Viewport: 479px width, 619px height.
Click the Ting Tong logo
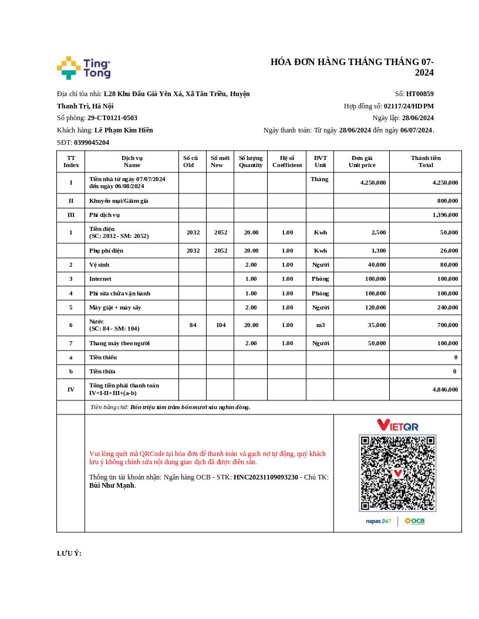click(x=83, y=68)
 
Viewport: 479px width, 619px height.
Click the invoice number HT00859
click(x=420, y=94)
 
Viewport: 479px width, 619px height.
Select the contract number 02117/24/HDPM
click(x=409, y=106)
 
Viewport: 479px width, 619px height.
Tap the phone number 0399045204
click(x=92, y=142)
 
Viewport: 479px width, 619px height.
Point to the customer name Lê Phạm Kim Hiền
click(x=123, y=130)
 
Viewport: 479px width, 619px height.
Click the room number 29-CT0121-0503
click(x=112, y=118)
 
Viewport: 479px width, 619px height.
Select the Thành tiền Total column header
click(x=426, y=161)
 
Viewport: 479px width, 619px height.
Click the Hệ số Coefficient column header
click(x=287, y=161)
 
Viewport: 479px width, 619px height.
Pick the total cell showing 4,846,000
click(x=445, y=389)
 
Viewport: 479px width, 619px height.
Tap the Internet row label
click(x=100, y=279)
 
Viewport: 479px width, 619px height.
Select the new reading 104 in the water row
click(x=220, y=325)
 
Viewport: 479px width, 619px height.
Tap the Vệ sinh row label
click(x=99, y=265)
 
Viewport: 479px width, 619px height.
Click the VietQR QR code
click(x=397, y=472)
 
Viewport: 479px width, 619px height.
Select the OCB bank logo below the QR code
click(x=414, y=521)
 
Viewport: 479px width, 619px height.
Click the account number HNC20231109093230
click(x=265, y=477)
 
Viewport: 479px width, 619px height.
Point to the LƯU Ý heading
click(x=69, y=553)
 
